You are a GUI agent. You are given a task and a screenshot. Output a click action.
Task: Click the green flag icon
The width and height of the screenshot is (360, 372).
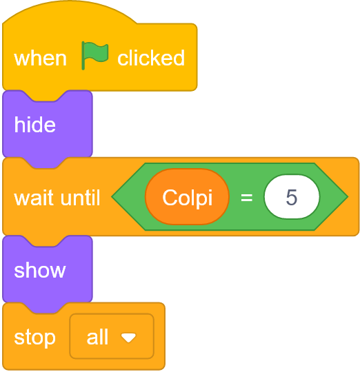click(x=94, y=55)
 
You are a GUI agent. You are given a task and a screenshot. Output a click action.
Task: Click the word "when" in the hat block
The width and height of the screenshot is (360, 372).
click(x=40, y=59)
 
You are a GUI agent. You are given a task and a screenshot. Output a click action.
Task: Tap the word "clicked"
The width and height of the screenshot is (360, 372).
click(x=151, y=58)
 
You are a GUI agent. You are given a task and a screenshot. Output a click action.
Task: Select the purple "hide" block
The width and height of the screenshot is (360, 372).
click(x=48, y=124)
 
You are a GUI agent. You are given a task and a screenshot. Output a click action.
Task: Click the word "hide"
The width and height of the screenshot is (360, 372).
click(x=34, y=124)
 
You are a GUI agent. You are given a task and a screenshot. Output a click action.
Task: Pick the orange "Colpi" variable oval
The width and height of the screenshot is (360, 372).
click(x=187, y=196)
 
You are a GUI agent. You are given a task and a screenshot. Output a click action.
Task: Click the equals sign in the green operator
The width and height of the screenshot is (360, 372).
click(x=247, y=197)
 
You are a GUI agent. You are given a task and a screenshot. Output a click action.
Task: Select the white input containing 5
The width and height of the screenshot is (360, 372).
click(x=292, y=196)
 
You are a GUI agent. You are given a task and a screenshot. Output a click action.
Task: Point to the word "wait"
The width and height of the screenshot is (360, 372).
click(x=34, y=198)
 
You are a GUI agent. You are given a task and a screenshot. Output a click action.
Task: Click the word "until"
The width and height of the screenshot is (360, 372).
click(x=80, y=197)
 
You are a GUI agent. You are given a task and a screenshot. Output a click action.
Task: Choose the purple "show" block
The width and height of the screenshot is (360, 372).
click(x=48, y=269)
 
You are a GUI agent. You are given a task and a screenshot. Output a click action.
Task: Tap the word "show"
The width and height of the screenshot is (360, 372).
click(x=40, y=271)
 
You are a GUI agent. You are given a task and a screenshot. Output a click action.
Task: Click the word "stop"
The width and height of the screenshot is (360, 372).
click(x=34, y=338)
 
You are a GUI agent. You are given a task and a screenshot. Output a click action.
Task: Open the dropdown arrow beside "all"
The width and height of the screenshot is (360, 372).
click(x=128, y=338)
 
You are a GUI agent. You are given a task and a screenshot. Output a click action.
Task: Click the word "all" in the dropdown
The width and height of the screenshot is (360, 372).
click(x=97, y=337)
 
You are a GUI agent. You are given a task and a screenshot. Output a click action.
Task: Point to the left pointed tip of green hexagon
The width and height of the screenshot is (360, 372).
click(x=112, y=196)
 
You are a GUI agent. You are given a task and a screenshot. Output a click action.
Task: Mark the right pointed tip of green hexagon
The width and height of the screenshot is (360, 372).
click(x=348, y=196)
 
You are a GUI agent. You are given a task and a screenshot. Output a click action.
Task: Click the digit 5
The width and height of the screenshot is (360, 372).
click(x=292, y=197)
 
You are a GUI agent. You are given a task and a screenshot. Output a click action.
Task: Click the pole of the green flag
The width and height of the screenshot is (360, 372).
click(x=83, y=56)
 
